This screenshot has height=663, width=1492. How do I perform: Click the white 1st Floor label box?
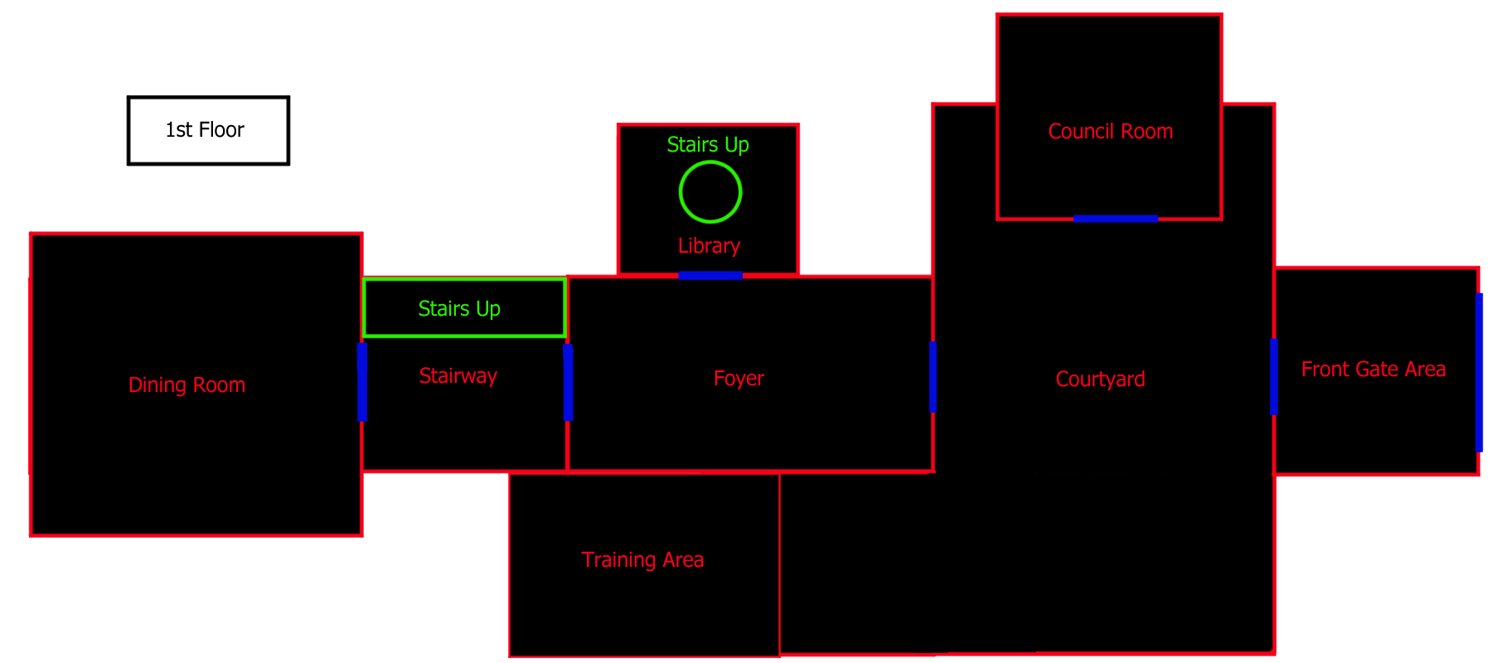(208, 130)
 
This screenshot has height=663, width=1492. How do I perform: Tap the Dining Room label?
(187, 385)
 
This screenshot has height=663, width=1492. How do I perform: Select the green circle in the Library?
(710, 191)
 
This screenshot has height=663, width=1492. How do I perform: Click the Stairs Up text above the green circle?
(708, 145)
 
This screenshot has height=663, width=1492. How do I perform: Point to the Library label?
(709, 246)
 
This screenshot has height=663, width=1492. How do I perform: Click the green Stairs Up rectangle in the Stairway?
(464, 307)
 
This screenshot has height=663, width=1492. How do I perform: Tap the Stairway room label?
(458, 376)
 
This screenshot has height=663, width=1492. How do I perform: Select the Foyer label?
(739, 379)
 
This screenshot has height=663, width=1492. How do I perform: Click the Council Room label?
(1111, 132)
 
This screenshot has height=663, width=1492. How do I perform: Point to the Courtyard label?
(1101, 380)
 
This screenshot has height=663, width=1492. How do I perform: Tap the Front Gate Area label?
(1373, 370)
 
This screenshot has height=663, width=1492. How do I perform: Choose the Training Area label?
(642, 560)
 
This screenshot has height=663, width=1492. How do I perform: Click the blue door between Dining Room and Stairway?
(362, 382)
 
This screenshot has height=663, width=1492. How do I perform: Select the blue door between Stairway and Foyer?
(568, 382)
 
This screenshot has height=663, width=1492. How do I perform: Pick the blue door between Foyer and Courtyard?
(932, 376)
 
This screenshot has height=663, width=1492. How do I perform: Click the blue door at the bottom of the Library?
(710, 275)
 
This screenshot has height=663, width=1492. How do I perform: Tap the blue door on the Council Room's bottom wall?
(1116, 219)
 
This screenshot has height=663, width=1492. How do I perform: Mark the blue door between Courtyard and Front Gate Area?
(1274, 376)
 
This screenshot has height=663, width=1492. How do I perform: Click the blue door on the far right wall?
(1479, 372)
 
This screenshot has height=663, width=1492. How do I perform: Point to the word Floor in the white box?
(221, 130)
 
